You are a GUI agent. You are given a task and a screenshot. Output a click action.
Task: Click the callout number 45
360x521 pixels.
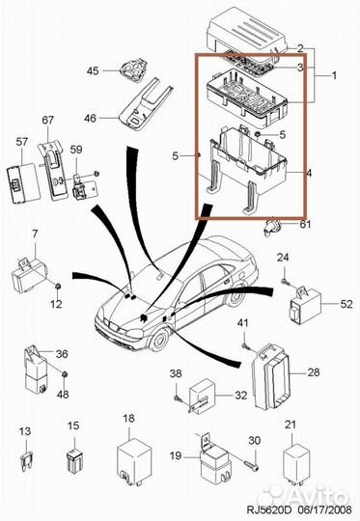pyautogui.click(x=93, y=70)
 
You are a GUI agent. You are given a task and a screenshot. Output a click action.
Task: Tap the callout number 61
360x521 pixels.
pyautogui.click(x=305, y=224)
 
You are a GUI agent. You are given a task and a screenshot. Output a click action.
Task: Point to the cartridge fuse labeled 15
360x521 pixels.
pyautogui.click(x=74, y=460)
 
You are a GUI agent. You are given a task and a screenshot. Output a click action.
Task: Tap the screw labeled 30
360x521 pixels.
pyautogui.click(x=252, y=466)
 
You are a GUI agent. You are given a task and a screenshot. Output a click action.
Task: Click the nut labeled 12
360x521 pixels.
pyautogui.click(x=58, y=286)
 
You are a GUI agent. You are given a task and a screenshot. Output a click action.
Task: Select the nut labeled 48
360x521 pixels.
pyautogui.click(x=66, y=374)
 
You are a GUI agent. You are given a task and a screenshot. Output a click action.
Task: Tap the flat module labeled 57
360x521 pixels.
pyautogui.click(x=23, y=183)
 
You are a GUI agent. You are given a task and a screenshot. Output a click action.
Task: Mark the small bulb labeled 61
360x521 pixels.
pyautogui.click(x=272, y=229)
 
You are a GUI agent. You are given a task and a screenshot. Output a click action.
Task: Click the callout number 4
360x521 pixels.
pyautogui.click(x=309, y=173)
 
